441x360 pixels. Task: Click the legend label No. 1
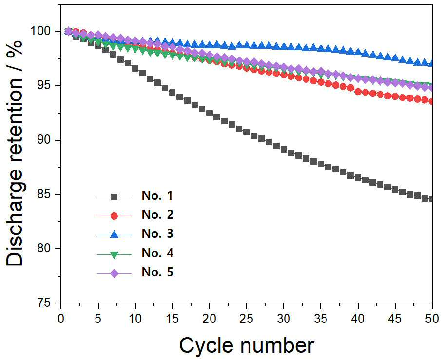pos(157,196)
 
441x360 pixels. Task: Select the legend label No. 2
pos(157,215)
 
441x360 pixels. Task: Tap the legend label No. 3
pos(157,234)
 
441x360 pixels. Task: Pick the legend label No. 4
pos(157,253)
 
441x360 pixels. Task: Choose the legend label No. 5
pos(157,272)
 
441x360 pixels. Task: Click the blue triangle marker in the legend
pos(114,234)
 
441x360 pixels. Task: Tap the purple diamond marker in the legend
pos(114,273)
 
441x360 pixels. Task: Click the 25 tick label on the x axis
pos(247,319)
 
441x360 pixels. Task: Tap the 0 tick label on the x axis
pos(61,319)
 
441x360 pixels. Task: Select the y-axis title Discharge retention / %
pos(15,153)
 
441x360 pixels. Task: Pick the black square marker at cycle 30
pos(284,150)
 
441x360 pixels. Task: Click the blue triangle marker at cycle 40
pos(358,52)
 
